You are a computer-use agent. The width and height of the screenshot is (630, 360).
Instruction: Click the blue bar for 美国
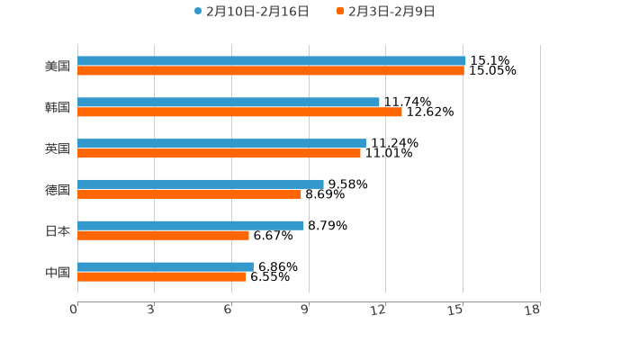point(271,61)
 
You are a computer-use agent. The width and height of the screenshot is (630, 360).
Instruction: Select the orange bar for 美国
point(270,71)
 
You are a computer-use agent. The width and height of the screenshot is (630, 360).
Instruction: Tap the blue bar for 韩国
point(229,103)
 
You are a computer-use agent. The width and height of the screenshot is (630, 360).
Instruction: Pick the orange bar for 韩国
point(239,112)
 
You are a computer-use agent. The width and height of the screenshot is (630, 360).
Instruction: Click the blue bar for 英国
point(221,143)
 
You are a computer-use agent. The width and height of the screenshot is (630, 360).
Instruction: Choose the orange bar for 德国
point(189,194)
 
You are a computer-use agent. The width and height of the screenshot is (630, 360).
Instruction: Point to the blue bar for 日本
point(191,225)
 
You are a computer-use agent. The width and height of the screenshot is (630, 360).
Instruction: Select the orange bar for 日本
point(163,236)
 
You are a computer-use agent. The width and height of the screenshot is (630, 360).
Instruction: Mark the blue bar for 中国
point(166,266)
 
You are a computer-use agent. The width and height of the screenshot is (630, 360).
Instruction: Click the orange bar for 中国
point(162,277)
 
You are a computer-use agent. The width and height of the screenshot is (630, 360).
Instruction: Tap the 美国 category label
point(58,67)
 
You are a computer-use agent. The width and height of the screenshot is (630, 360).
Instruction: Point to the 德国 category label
point(58,190)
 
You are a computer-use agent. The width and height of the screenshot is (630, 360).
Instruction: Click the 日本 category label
point(58,231)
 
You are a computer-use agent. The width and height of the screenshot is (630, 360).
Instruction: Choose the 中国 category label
point(58,272)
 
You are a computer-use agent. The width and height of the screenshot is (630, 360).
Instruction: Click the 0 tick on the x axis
point(75,310)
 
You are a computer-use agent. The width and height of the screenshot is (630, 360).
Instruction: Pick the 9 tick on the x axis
point(306,310)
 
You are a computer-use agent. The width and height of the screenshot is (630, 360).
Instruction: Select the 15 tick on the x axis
point(458,310)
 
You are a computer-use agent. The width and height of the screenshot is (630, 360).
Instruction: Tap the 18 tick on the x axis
point(535,310)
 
